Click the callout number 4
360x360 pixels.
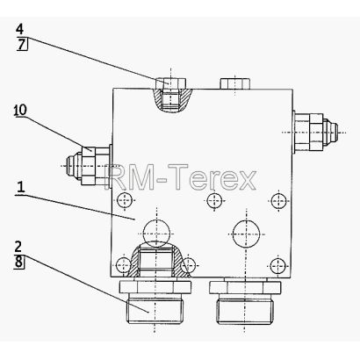click(x=20, y=29)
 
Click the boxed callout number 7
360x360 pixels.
click(x=22, y=45)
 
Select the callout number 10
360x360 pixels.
click(x=20, y=110)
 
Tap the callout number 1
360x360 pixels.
click(x=20, y=187)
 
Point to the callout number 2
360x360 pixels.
click(x=18, y=247)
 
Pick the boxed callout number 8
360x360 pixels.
click(x=18, y=262)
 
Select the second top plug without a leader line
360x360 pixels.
click(x=235, y=83)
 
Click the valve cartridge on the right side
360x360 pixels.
click(x=315, y=133)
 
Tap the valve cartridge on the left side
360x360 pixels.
click(x=89, y=166)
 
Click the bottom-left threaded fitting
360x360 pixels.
click(x=155, y=301)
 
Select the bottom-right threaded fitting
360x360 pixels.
click(x=245, y=302)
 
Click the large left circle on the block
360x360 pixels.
click(x=157, y=234)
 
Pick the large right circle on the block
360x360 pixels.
click(x=246, y=234)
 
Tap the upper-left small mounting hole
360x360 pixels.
click(x=125, y=201)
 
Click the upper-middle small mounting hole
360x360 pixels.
click(x=215, y=201)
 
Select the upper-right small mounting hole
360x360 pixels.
click(x=277, y=201)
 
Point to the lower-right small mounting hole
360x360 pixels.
click(x=277, y=266)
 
